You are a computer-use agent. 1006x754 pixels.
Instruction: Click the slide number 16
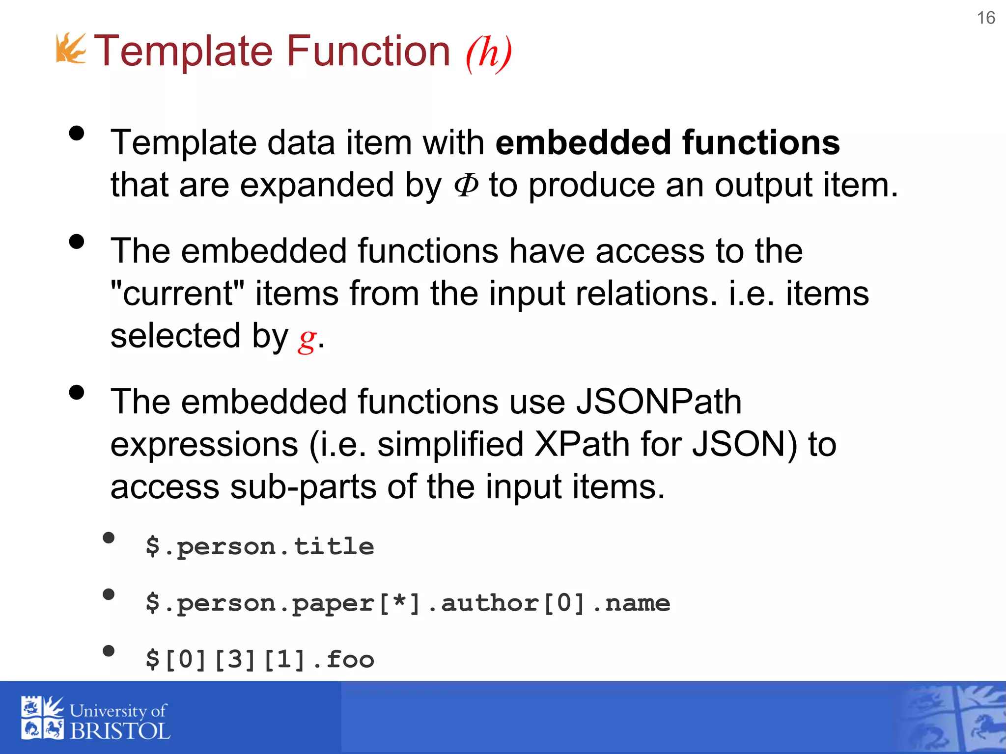pyautogui.click(x=985, y=18)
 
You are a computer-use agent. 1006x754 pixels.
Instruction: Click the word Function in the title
pyautogui.click(x=368, y=51)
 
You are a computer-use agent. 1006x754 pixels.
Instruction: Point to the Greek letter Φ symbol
pyautogui.click(x=466, y=186)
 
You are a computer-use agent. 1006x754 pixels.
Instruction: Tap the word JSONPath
pyautogui.click(x=658, y=402)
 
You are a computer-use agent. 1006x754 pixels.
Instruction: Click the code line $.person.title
pyautogui.click(x=260, y=546)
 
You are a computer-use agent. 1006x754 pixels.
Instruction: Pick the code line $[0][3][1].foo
pyautogui.click(x=260, y=659)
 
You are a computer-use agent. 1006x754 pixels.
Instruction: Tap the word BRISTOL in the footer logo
pyautogui.click(x=120, y=731)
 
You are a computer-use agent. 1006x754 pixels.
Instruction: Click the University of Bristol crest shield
pyautogui.click(x=42, y=717)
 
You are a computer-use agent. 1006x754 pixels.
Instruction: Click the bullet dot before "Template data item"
pyautogui.click(x=77, y=134)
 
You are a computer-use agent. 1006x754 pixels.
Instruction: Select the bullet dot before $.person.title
pyautogui.click(x=109, y=538)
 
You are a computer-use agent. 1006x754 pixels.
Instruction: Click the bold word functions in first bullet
pyautogui.click(x=761, y=143)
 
